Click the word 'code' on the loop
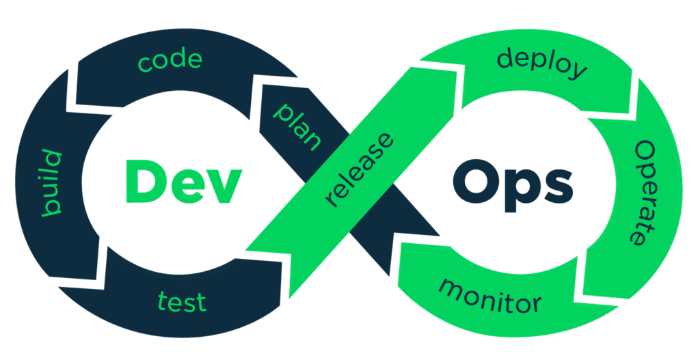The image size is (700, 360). click(170, 60)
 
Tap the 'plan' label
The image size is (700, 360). click(297, 127)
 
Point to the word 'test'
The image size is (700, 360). click(182, 301)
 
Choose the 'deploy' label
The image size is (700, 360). click(542, 63)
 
